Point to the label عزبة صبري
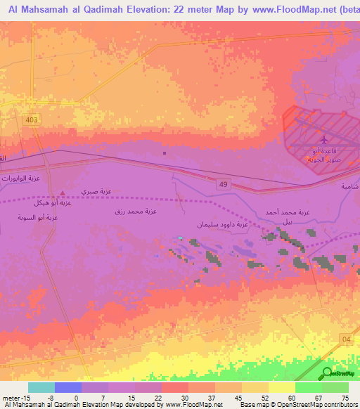click(96, 192)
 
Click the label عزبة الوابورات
click(21, 178)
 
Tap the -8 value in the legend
click(51, 398)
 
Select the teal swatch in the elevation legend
click(41, 387)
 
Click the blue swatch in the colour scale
click(68, 387)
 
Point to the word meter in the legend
click(11, 398)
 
